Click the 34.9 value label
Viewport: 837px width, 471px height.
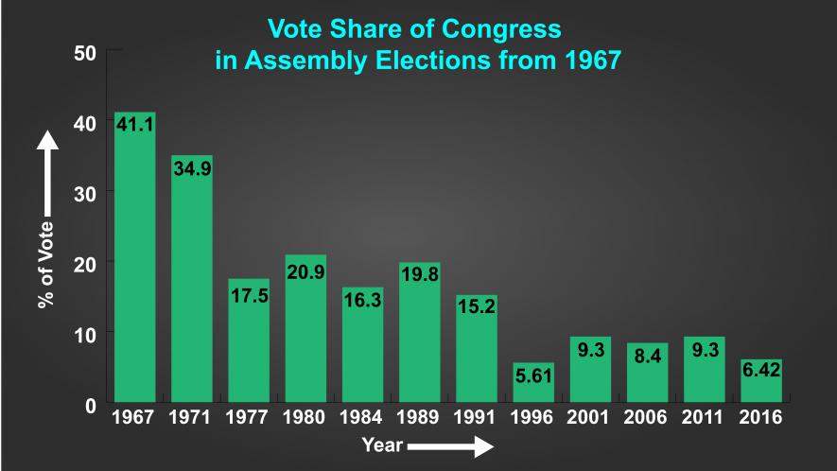[x=191, y=168]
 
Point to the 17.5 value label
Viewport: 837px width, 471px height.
[x=249, y=295]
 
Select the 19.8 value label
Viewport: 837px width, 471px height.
[x=419, y=276]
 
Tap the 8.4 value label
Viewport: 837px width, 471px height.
[x=647, y=358]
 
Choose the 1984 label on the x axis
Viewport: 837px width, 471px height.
[x=362, y=417]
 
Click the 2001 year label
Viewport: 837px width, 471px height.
[x=590, y=417]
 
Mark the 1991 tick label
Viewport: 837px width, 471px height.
[x=476, y=417]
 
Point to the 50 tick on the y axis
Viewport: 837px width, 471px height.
[x=85, y=53]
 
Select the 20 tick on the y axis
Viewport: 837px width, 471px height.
[x=85, y=264]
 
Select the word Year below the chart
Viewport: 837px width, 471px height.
[x=382, y=445]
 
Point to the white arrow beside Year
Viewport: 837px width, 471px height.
[x=451, y=445]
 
